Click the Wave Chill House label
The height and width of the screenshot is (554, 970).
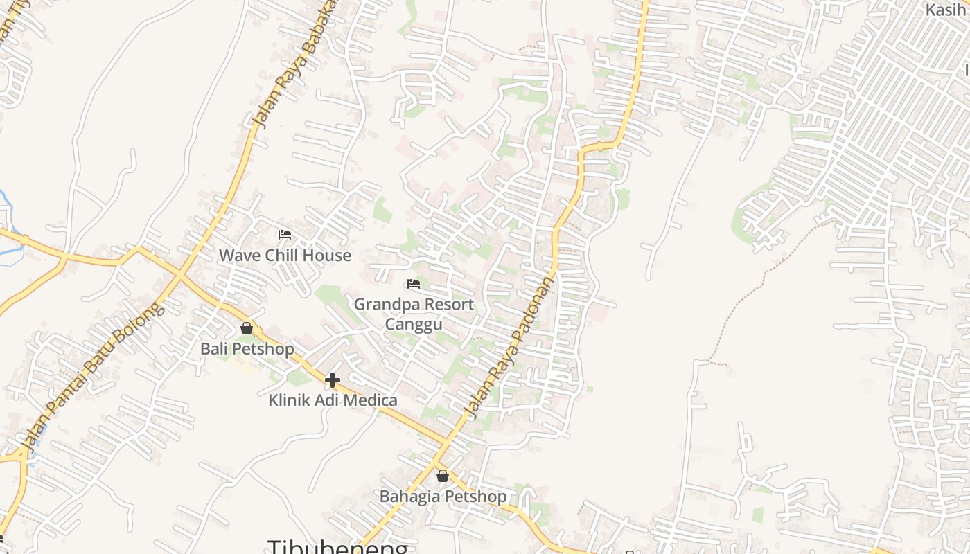(285, 256)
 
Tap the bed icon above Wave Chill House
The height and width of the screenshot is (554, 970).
(284, 235)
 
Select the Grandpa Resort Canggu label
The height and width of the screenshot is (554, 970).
(414, 314)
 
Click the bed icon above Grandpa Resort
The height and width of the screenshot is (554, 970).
(414, 284)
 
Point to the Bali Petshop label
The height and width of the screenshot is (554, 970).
(247, 349)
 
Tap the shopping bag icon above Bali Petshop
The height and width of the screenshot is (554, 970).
(247, 328)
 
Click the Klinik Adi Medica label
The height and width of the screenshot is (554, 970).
(333, 400)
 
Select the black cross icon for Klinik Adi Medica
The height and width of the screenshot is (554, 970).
(333, 379)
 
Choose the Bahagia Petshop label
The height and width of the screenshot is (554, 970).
(443, 497)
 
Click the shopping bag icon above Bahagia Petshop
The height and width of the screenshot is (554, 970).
(443, 476)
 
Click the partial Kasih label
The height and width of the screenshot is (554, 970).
(946, 10)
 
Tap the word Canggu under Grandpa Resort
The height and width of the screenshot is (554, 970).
(414, 324)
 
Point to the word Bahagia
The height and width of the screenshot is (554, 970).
(409, 497)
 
